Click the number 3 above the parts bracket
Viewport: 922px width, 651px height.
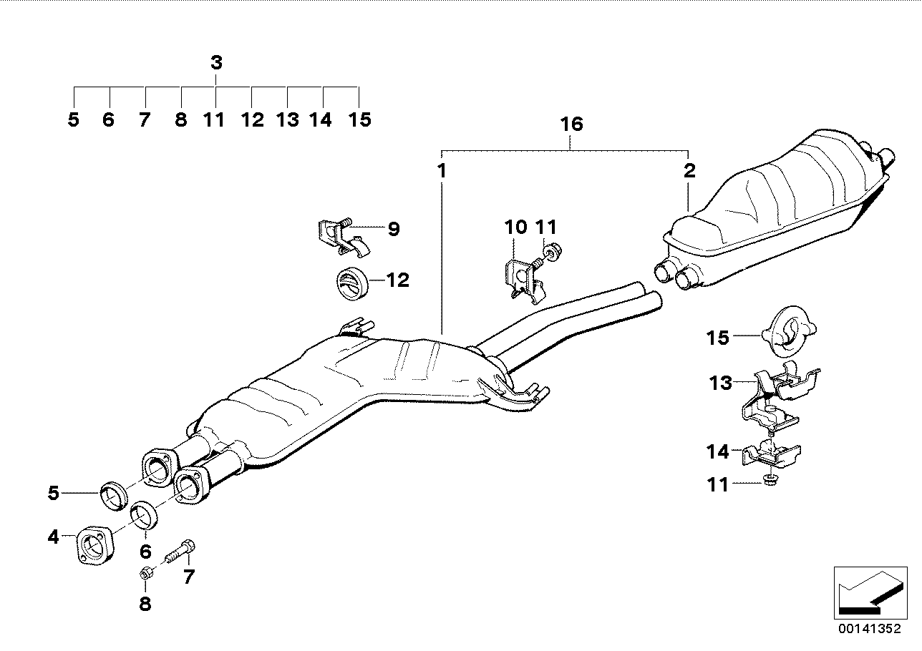(217, 63)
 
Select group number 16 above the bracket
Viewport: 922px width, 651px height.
(571, 124)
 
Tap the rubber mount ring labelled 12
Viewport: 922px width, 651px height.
(351, 280)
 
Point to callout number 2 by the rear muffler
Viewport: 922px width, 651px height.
(689, 171)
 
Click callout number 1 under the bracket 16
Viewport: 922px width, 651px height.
(442, 171)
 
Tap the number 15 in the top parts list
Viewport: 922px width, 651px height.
(360, 119)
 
